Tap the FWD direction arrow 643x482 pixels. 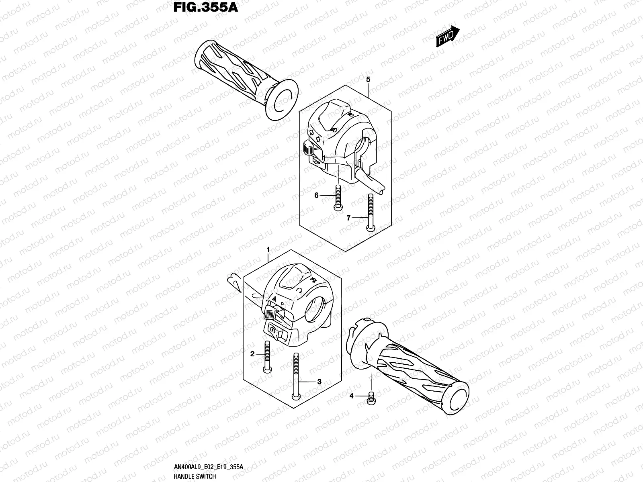pos(447,37)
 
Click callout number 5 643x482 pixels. pos(368,80)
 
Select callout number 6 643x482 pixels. pos(316,195)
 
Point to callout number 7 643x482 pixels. pos(349,218)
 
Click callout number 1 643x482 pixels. pos(268,250)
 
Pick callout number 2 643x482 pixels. pos(252,354)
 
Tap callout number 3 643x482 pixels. pos(319,382)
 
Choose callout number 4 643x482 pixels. pos(351,396)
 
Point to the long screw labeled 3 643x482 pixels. pos(296,376)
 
